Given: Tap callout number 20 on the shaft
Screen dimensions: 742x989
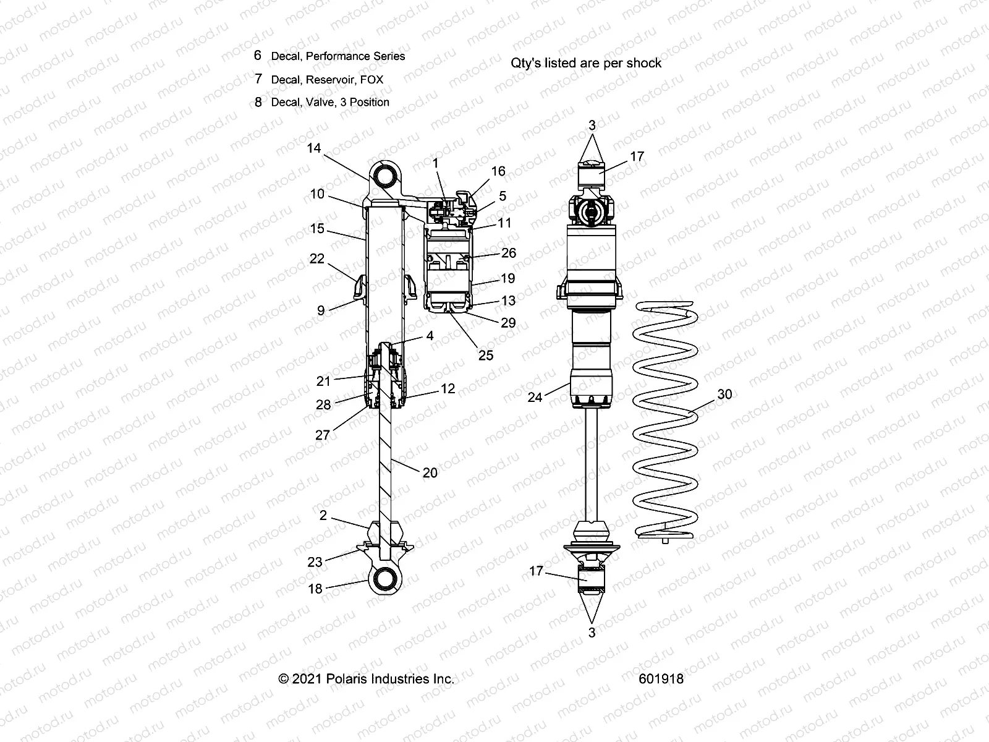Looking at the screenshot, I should (430, 472).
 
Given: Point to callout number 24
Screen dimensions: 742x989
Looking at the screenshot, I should (535, 397).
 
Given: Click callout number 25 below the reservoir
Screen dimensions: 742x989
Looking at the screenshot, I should (486, 355).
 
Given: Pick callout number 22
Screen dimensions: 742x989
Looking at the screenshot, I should (316, 258).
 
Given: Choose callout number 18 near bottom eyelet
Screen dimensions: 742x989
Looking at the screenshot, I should (315, 589).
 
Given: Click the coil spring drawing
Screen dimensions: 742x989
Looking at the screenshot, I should (666, 420).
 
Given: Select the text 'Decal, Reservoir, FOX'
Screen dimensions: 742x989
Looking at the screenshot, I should (327, 79).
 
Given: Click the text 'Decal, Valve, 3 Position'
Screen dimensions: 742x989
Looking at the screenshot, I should (330, 102).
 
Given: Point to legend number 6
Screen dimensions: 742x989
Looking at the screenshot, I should (258, 55).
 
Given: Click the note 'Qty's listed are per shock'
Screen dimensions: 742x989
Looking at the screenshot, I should (586, 63).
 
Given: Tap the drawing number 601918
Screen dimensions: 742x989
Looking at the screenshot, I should (661, 678).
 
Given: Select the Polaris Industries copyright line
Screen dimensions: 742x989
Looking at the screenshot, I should (367, 678).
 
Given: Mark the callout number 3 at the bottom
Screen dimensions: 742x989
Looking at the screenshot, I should (592, 633).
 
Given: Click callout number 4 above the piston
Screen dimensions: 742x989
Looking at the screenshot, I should (430, 336).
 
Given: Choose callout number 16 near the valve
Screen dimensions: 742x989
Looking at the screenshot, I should (498, 171).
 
